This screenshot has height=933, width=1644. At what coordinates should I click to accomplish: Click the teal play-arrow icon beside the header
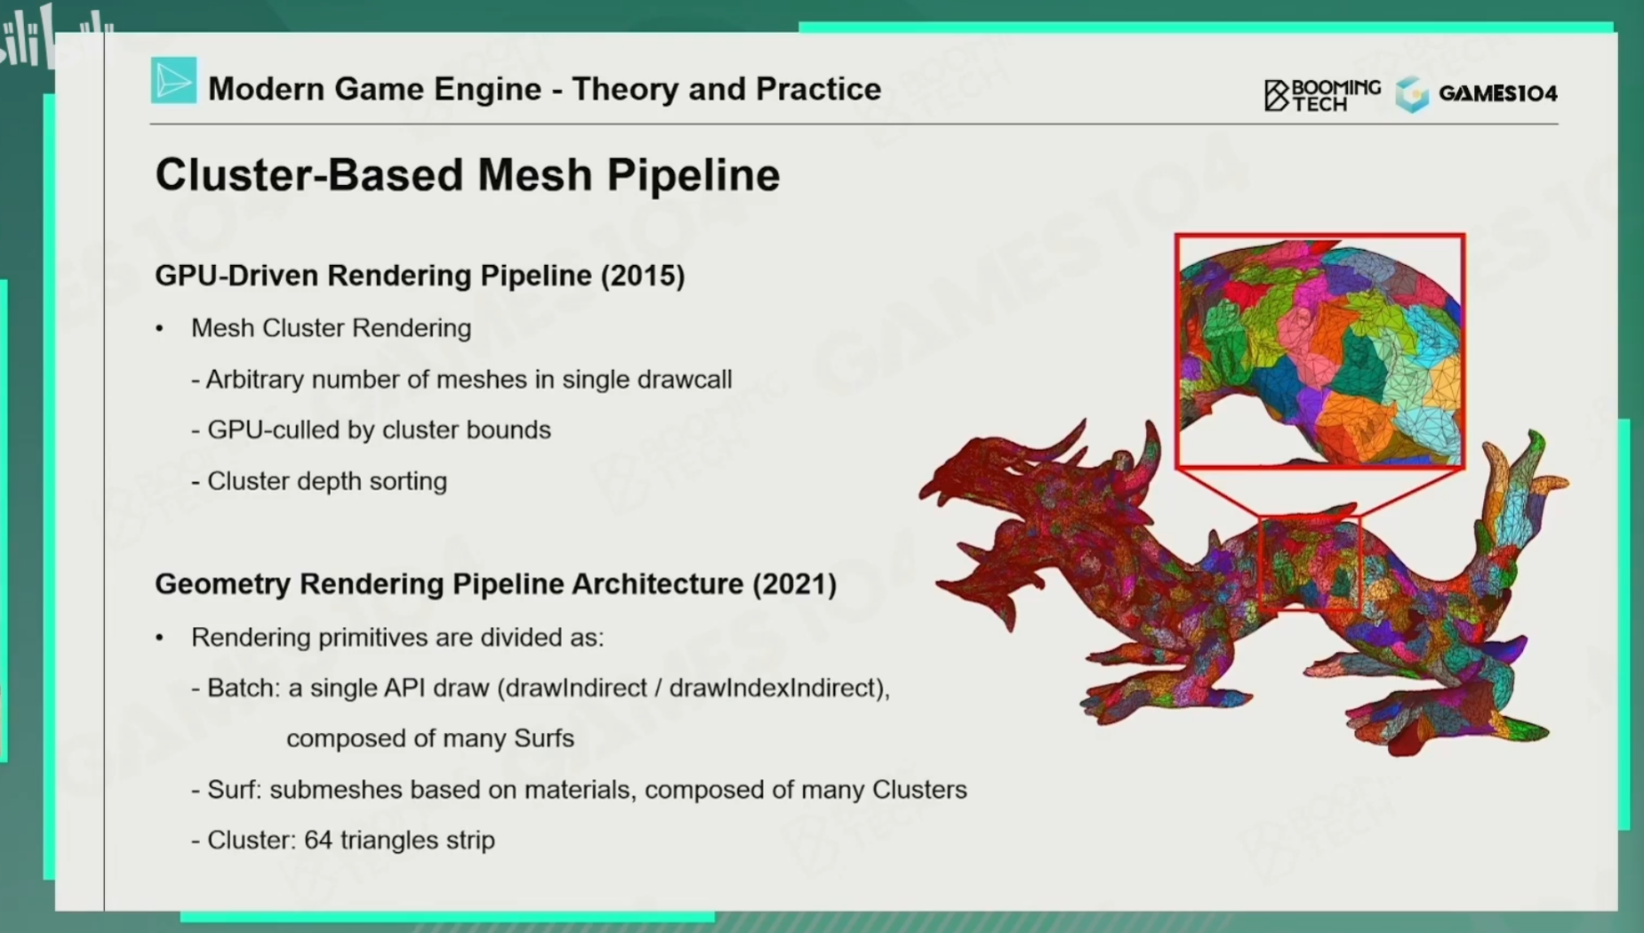[173, 81]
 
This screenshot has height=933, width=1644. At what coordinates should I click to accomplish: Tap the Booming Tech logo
[1322, 94]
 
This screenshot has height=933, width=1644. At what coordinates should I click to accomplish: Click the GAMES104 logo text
[1497, 93]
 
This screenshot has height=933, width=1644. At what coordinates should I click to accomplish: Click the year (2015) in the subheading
[643, 276]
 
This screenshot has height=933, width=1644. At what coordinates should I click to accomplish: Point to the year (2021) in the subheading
[795, 584]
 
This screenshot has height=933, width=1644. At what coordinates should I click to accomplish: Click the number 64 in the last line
[318, 840]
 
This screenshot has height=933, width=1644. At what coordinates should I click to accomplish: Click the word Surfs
[544, 738]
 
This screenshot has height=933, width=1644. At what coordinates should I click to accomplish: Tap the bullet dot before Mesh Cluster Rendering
[160, 329]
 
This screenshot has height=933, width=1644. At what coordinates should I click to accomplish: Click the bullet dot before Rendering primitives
[160, 638]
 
